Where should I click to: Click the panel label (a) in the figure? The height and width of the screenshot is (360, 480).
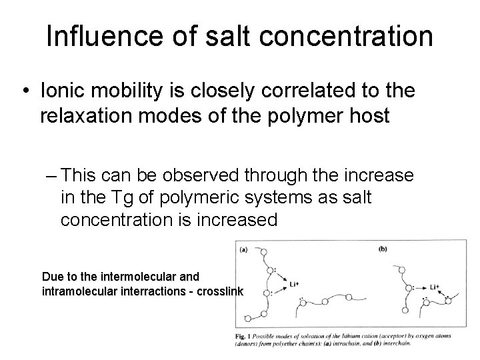coord(244,251)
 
